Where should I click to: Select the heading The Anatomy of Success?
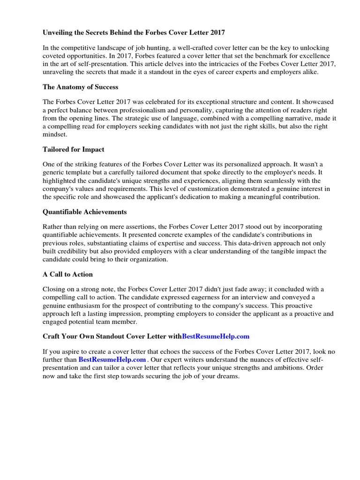coord(80,87)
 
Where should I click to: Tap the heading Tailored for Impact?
coord(73,149)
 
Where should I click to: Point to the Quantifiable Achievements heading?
coord(84,212)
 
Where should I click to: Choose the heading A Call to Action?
coord(67,274)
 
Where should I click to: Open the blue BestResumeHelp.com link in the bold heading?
coord(215,337)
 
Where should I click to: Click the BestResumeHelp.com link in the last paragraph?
coord(112,360)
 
